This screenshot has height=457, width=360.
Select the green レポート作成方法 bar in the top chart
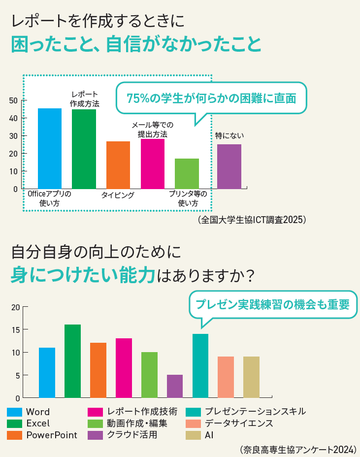click(x=84, y=149)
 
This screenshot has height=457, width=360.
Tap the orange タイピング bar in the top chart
click(x=118, y=165)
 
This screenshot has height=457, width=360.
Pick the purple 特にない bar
click(x=229, y=166)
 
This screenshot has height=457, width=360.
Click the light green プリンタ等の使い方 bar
click(x=187, y=173)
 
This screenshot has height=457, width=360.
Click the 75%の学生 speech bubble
click(x=211, y=98)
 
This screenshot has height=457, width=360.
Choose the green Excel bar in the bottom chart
click(x=72, y=361)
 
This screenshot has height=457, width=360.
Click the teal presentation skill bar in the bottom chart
click(x=200, y=365)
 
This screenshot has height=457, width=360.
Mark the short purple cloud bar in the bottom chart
click(x=175, y=386)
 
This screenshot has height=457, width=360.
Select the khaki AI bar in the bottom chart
click(x=251, y=377)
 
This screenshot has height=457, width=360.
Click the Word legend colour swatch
click(x=14, y=412)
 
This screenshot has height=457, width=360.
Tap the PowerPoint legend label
click(x=52, y=435)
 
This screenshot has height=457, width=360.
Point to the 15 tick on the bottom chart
click(x=15, y=329)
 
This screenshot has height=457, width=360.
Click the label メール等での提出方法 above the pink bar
click(x=152, y=130)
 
